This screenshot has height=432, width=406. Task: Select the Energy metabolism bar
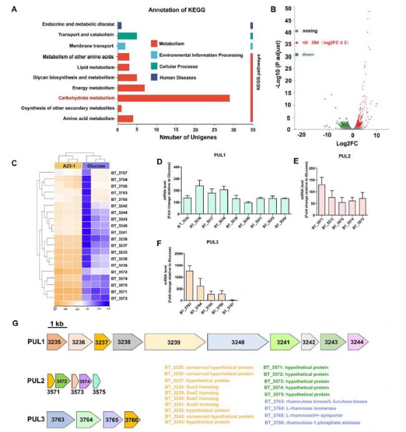click(x=131, y=88)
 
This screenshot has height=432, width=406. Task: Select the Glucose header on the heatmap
click(x=96, y=166)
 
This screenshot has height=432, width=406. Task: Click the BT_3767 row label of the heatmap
click(x=119, y=173)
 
